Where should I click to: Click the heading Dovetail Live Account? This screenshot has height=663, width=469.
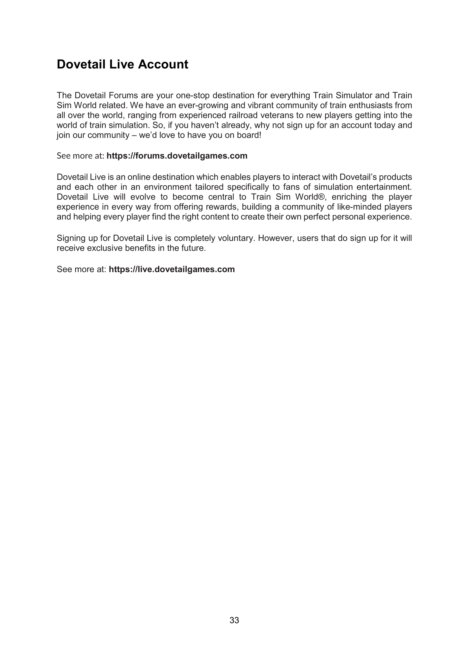(122, 64)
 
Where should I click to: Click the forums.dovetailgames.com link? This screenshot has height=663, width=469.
(177, 156)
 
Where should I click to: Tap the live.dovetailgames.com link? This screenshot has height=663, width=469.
(172, 269)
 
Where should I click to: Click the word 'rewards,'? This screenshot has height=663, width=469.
(220, 207)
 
